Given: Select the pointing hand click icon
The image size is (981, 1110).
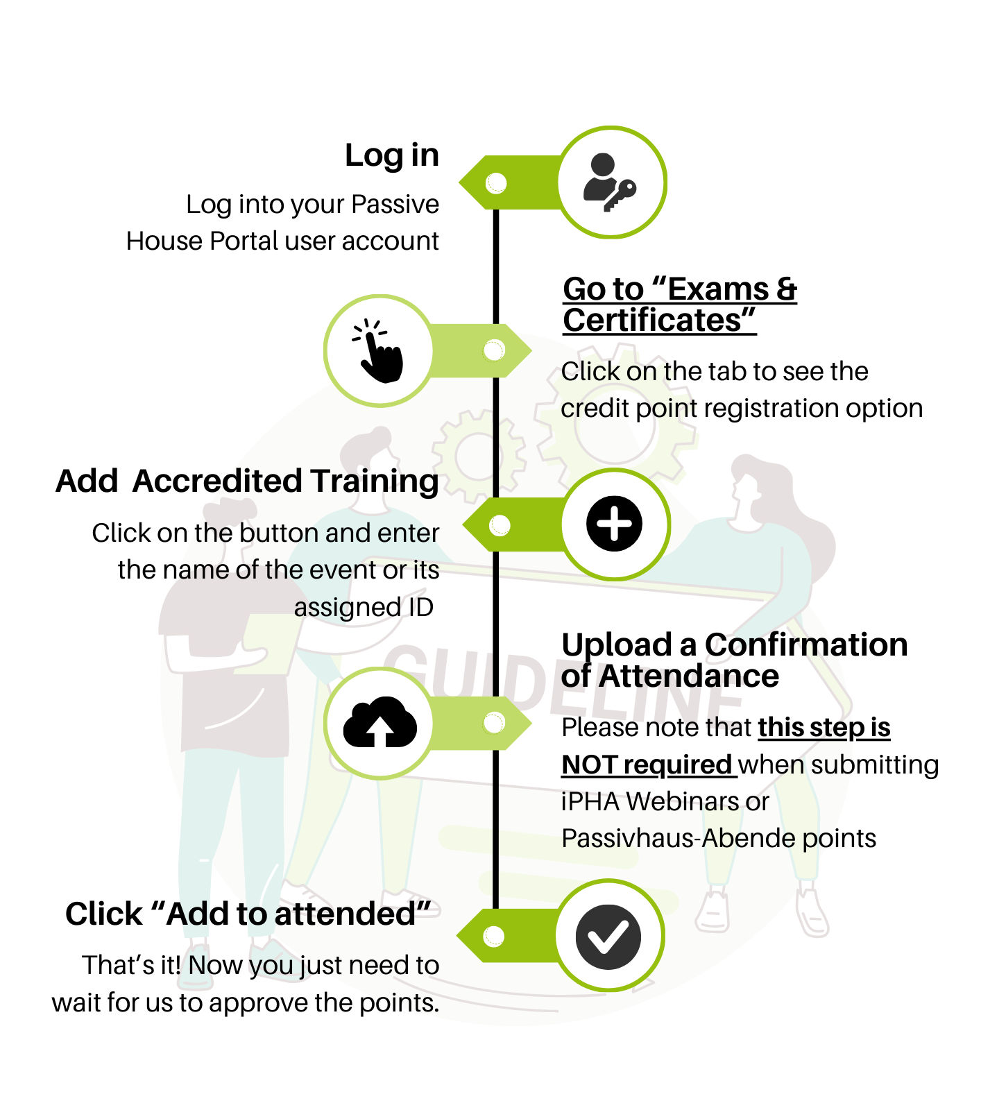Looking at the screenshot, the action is (378, 351).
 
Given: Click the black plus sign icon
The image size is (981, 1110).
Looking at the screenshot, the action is (614, 524).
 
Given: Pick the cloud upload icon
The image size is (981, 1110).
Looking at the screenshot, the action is (380, 722).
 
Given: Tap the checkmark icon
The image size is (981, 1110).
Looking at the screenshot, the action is (608, 937).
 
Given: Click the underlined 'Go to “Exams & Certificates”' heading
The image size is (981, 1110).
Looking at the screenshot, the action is (680, 305).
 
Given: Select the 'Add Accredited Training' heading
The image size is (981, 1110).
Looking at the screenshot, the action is (248, 481).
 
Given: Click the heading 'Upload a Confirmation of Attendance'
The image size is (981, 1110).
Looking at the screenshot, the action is (735, 660).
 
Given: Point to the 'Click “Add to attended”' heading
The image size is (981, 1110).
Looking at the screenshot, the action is (248, 914).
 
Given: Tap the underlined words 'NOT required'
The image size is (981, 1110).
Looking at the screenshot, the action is (647, 765).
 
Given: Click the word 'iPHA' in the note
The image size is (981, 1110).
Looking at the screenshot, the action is (590, 801).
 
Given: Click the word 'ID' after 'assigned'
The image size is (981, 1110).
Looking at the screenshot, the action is (420, 607).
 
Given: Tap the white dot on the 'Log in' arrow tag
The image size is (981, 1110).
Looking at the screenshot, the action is (496, 183).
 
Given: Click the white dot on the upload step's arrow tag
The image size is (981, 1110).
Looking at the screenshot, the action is (494, 723).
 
